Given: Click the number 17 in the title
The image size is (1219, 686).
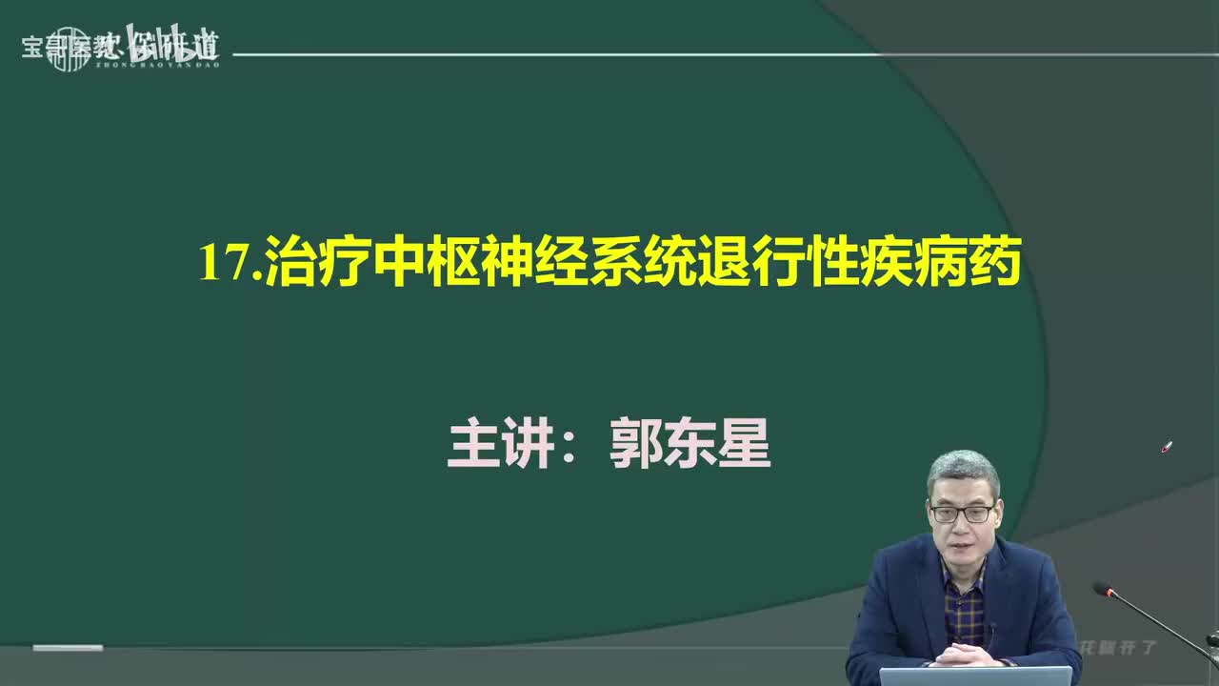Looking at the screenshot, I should [x=223, y=263].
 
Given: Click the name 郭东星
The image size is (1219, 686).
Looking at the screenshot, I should [x=689, y=445].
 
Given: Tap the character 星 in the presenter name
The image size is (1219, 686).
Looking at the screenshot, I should [x=744, y=445].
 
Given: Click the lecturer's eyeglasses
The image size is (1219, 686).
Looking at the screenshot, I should [x=962, y=514].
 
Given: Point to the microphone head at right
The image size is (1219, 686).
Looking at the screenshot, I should [x=1104, y=590].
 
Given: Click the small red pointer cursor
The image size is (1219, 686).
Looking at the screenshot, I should [x=1167, y=447].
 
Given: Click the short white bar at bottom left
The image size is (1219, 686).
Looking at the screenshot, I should [x=68, y=648].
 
